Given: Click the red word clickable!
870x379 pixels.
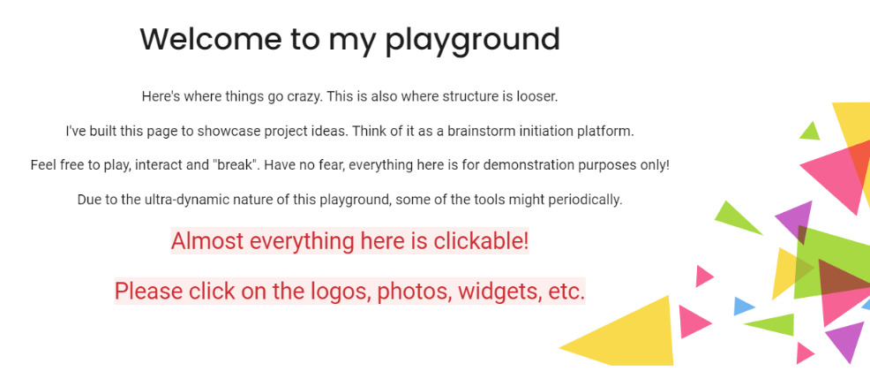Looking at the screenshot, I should point(480,240).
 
